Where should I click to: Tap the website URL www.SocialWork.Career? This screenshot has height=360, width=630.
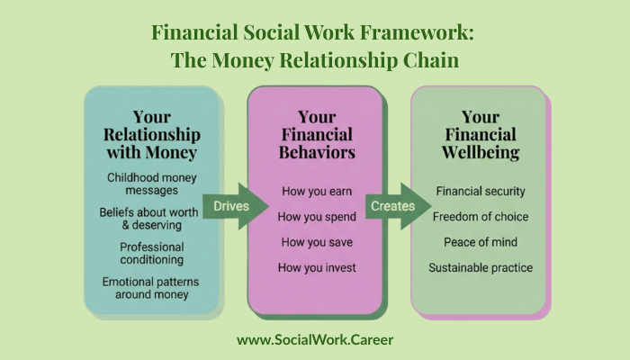coord(315,340)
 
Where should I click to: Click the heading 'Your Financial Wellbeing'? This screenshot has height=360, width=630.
coord(480,134)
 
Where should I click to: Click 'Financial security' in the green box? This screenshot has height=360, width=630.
coord(480,192)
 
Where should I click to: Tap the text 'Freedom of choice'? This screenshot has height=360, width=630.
coord(480,217)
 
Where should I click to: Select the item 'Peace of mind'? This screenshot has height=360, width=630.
coord(480,242)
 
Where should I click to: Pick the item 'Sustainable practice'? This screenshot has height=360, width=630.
coord(480,267)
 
